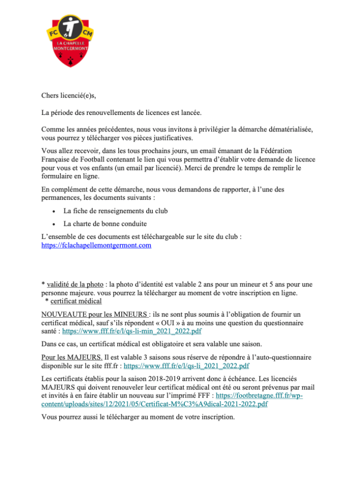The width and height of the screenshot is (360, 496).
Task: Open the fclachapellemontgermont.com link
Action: click(x=97, y=245)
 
